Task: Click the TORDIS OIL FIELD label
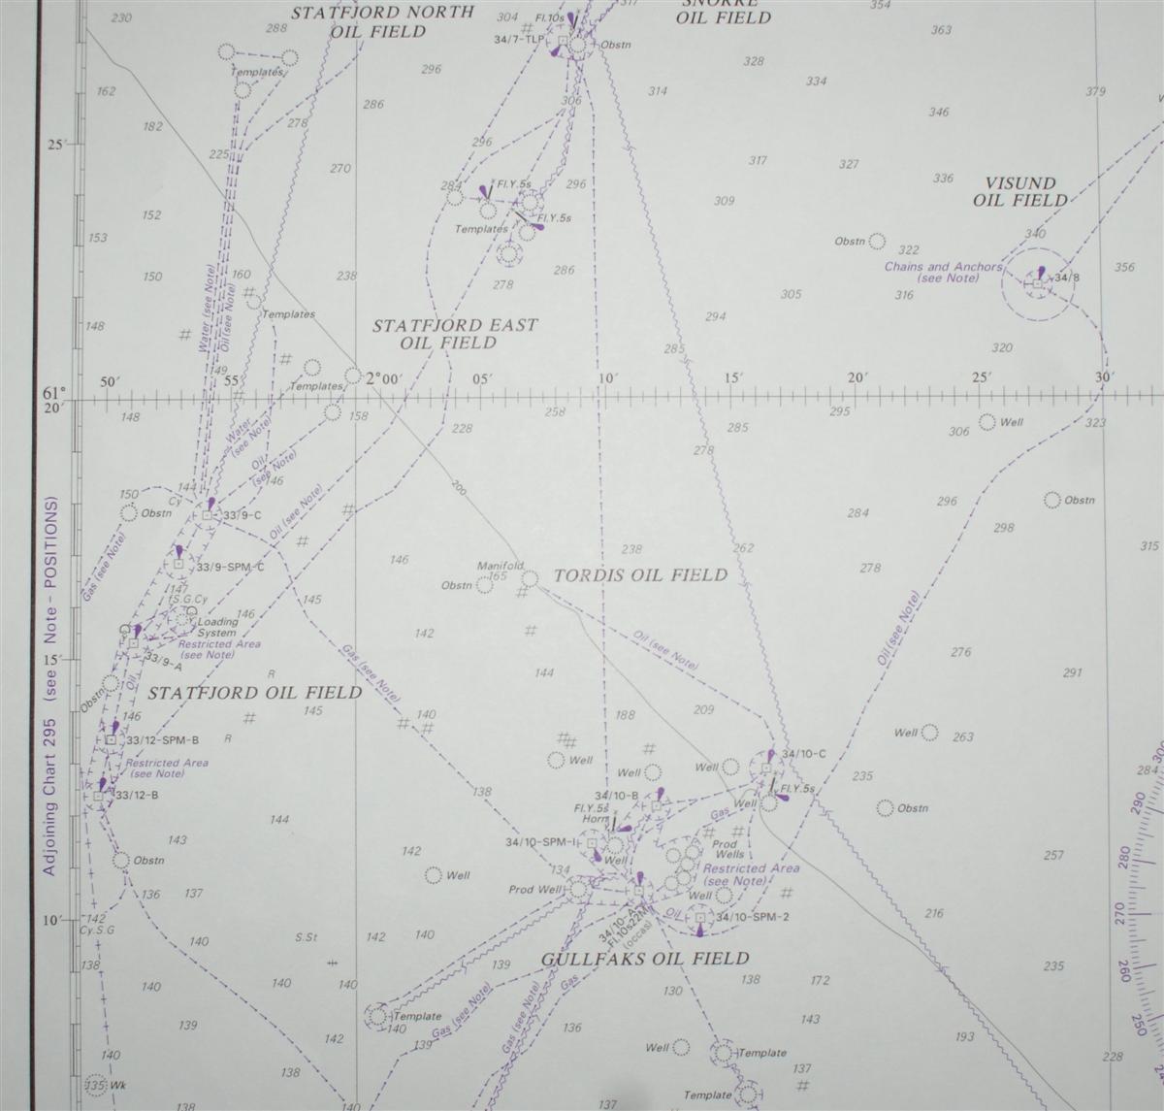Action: pyautogui.click(x=639, y=575)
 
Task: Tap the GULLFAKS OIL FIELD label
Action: pyautogui.click(x=645, y=959)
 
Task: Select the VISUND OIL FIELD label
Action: pyautogui.click(x=1020, y=192)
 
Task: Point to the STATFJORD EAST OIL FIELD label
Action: pyautogui.click(x=454, y=334)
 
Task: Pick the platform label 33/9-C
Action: pyautogui.click(x=242, y=515)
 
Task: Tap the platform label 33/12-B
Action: pyautogui.click(x=137, y=797)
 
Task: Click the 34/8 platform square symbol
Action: pyautogui.click(x=1037, y=283)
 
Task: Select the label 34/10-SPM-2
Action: pyautogui.click(x=753, y=917)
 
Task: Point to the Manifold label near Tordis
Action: pyautogui.click(x=501, y=566)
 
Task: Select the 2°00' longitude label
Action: pyautogui.click(x=383, y=379)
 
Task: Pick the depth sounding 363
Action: pyautogui.click(x=940, y=30)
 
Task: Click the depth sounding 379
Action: pyautogui.click(x=1095, y=92)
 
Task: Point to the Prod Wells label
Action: pyautogui.click(x=729, y=849)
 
